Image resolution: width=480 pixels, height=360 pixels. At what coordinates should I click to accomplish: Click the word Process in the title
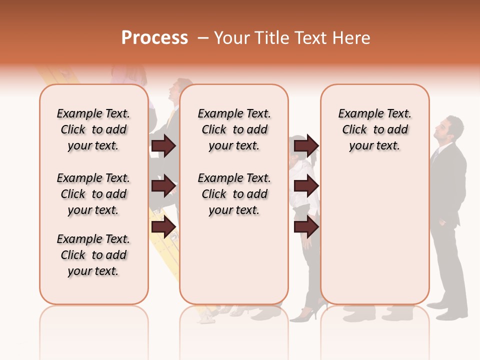click(x=154, y=38)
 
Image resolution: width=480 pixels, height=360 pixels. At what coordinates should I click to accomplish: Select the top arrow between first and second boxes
click(x=163, y=145)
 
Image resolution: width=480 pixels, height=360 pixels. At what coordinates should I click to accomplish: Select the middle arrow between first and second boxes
click(x=163, y=186)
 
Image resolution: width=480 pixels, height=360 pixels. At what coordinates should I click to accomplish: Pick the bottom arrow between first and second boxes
click(x=163, y=227)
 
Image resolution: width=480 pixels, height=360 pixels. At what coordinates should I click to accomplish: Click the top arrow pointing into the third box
click(x=306, y=145)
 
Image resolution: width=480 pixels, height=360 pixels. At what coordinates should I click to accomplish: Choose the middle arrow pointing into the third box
click(x=306, y=186)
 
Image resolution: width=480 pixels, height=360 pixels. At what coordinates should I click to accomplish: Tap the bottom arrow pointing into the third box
click(x=306, y=227)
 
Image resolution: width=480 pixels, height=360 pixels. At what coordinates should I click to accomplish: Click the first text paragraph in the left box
click(x=93, y=129)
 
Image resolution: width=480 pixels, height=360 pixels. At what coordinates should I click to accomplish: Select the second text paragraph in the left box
click(x=93, y=194)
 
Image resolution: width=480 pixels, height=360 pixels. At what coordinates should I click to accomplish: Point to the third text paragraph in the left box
click(x=93, y=255)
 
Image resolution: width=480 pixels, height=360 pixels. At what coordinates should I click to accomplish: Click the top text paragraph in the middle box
click(x=234, y=129)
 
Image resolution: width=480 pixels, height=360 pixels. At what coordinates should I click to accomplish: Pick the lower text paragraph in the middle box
click(x=234, y=194)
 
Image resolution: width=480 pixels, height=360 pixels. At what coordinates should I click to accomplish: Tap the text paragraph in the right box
click(x=374, y=129)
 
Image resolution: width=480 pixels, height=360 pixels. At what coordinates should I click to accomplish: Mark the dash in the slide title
click(x=202, y=38)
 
